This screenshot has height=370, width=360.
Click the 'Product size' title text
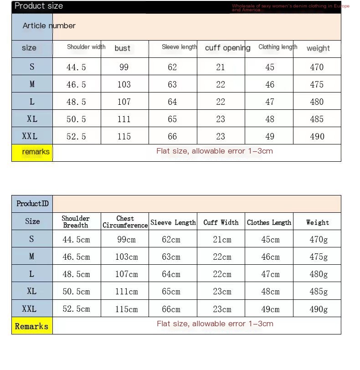click(39, 6)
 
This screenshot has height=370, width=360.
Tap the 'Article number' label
click(49, 26)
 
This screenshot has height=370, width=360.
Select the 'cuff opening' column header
click(227, 48)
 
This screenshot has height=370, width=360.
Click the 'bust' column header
click(123, 48)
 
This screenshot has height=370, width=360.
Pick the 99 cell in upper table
click(124, 67)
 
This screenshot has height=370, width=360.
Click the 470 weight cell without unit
click(317, 67)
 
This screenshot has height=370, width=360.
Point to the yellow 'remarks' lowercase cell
click(36, 152)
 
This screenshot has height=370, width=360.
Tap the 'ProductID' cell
click(32, 204)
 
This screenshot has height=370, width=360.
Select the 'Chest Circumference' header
click(125, 222)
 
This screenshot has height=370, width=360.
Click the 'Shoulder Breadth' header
click(76, 222)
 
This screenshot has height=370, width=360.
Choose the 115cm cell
click(126, 309)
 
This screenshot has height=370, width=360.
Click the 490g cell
click(319, 309)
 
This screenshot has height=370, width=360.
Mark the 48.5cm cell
click(76, 274)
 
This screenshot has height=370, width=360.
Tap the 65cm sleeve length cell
click(171, 292)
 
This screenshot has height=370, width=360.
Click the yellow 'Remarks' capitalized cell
click(31, 326)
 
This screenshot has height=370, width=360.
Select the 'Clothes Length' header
click(269, 222)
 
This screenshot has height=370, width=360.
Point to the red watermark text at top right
click(290, 8)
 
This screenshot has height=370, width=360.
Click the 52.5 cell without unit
click(76, 136)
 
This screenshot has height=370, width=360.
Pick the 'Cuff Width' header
click(221, 222)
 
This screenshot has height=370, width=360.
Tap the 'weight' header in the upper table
click(318, 48)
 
